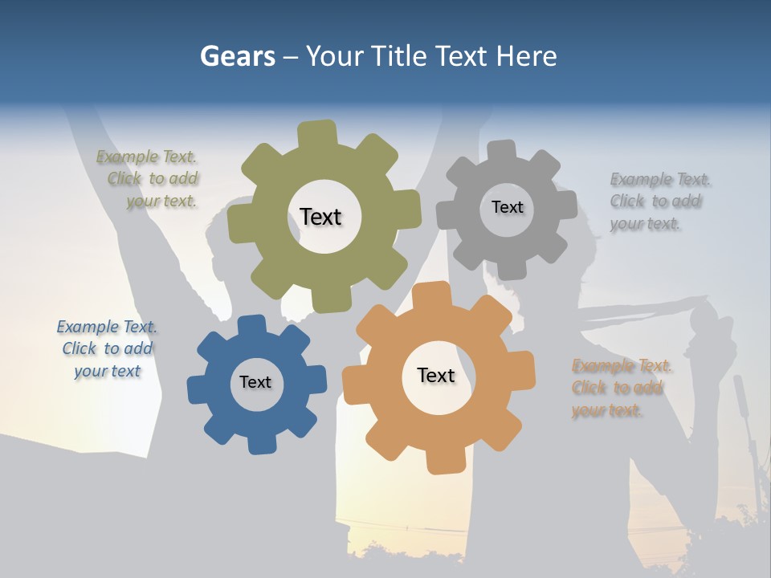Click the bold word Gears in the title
coord(237,56)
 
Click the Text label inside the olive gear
coord(320,217)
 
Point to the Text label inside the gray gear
coord(507,207)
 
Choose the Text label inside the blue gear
coord(255,382)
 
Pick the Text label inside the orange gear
coord(436,375)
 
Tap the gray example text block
coord(659,201)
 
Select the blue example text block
coord(107,349)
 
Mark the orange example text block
coord(620,388)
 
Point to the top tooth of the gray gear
coord(502,152)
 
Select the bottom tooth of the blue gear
coord(259,442)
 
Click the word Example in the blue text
coord(84,328)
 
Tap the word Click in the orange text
coord(589,388)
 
